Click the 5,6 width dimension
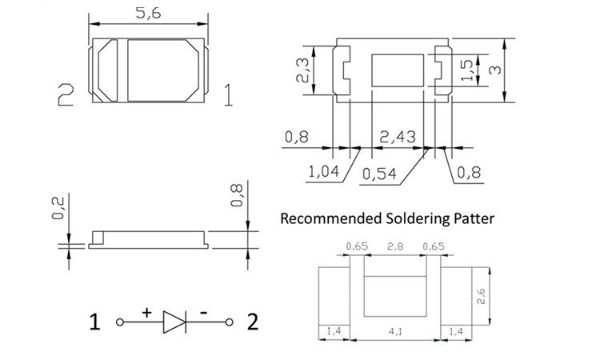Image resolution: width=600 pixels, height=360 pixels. pyautogui.click(x=149, y=14)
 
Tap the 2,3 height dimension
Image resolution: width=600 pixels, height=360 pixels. pyautogui.click(x=302, y=70)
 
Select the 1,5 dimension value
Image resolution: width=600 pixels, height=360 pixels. pyautogui.click(x=467, y=70)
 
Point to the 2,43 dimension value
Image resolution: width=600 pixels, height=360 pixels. pyautogui.click(x=398, y=137)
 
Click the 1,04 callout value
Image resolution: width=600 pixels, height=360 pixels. pyautogui.click(x=324, y=172)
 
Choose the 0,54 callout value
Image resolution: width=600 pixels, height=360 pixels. pyautogui.click(x=379, y=174)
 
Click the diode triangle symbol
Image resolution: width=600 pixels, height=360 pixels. pyautogui.click(x=174, y=322)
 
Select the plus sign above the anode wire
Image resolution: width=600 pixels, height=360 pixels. pyautogui.click(x=146, y=313)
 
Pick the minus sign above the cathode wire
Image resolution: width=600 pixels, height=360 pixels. pyautogui.click(x=204, y=314)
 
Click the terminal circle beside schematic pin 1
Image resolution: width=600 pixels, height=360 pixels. pyautogui.click(x=120, y=322)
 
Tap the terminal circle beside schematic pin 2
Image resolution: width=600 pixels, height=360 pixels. pyautogui.click(x=230, y=322)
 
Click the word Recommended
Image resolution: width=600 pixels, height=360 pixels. pyautogui.click(x=331, y=218)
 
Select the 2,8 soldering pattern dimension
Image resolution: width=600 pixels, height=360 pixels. pyautogui.click(x=395, y=246)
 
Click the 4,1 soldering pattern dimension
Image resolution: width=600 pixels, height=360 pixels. pyautogui.click(x=395, y=331)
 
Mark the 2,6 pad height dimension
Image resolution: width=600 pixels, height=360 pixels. pyautogui.click(x=481, y=297)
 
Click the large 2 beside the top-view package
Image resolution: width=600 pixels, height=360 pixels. pyautogui.click(x=66, y=94)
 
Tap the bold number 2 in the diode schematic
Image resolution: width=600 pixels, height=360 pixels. pyautogui.click(x=253, y=322)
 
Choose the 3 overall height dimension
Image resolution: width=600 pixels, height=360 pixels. pyautogui.click(x=495, y=70)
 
